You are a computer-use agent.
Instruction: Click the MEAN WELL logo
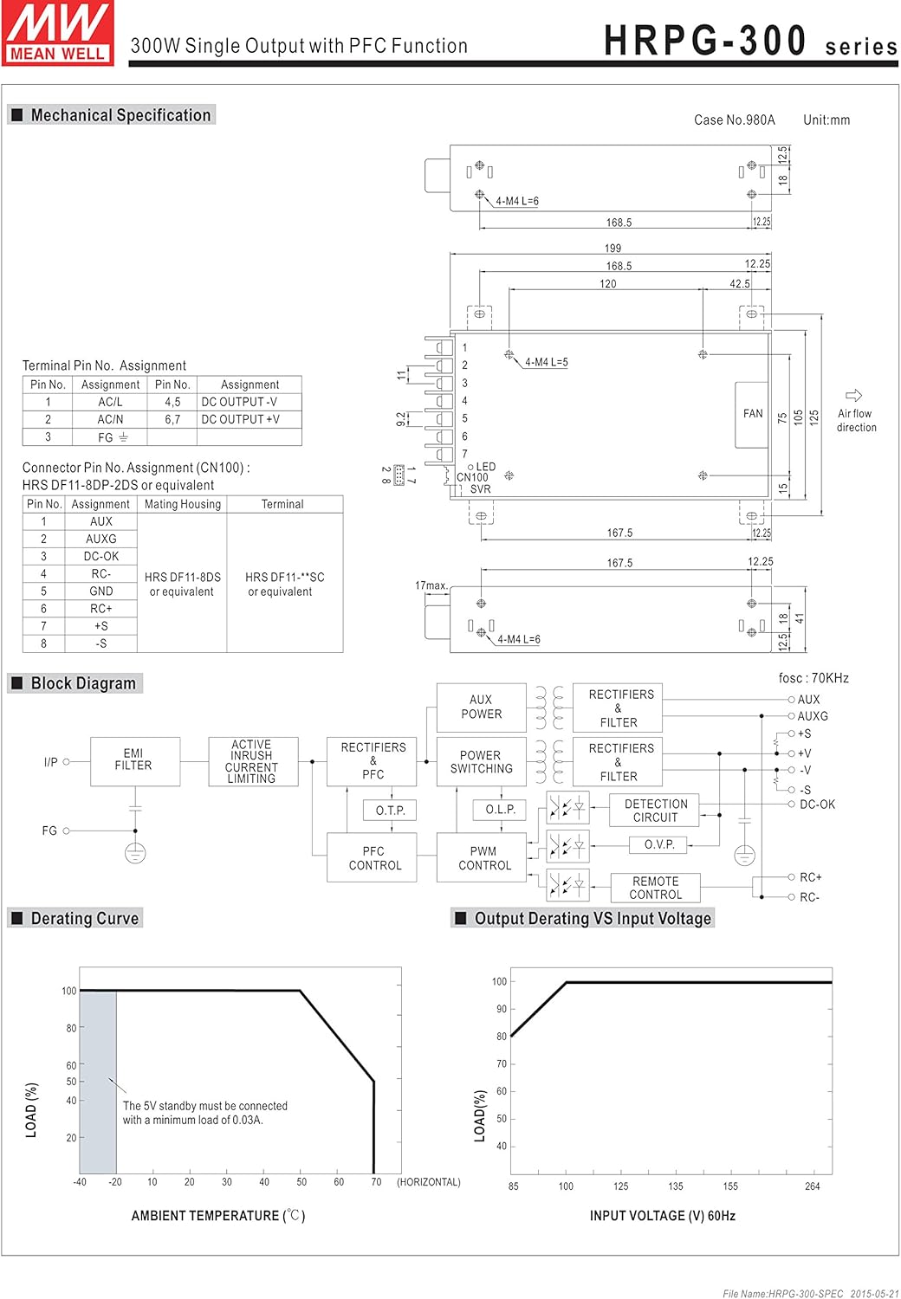coord(58,33)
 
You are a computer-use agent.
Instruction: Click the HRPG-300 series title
coord(749,42)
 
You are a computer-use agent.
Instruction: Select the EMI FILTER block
coord(134,761)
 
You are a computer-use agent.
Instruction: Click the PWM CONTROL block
coord(483,858)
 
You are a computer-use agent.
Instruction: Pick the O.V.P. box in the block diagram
coord(659,844)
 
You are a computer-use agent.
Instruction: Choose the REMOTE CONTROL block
coord(655,888)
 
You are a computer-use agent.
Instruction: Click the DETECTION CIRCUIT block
coord(655,811)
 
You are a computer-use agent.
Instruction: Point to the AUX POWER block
coord(481,707)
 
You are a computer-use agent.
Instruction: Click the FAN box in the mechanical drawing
coord(752,414)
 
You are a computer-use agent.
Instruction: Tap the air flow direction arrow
coord(853,396)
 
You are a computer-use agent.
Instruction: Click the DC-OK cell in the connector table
coord(101,556)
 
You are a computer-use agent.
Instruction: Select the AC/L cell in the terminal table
coord(110,402)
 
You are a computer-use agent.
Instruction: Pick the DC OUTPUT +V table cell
coord(241,419)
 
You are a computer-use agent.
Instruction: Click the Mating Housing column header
coord(182,504)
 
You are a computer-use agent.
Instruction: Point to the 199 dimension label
coord(613,249)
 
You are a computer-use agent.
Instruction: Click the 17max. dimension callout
coord(431,585)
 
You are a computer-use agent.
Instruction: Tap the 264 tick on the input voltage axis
coord(812,1186)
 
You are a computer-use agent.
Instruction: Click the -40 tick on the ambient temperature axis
coord(80,1181)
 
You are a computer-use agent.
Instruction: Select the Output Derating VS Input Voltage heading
coord(592,918)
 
